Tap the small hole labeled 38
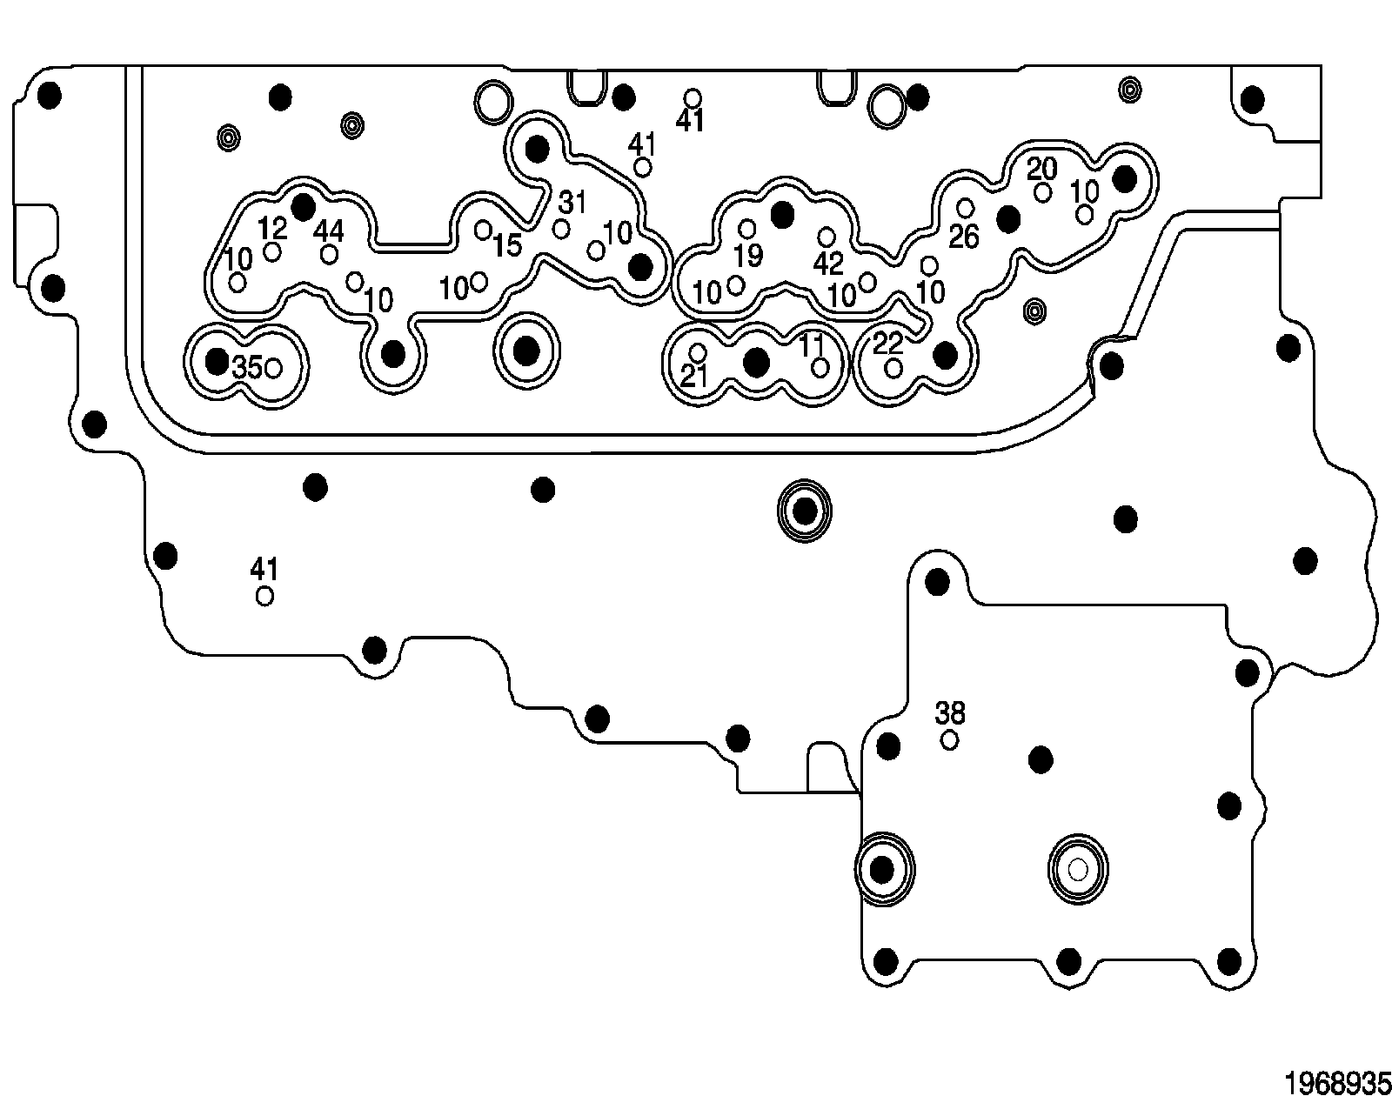pyautogui.click(x=950, y=740)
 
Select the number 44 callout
pyautogui.click(x=328, y=231)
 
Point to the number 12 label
pyautogui.click(x=272, y=229)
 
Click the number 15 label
pyautogui.click(x=506, y=245)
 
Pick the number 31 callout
pyautogui.click(x=572, y=203)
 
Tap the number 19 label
pyautogui.click(x=748, y=256)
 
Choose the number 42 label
pyautogui.click(x=828, y=264)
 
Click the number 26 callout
pyautogui.click(x=964, y=236)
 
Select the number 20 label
pyautogui.click(x=1041, y=168)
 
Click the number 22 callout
pyautogui.click(x=887, y=343)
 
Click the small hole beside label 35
pyautogui.click(x=272, y=368)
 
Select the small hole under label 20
pyautogui.click(x=1042, y=192)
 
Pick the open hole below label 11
pyautogui.click(x=820, y=367)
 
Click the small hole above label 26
pyautogui.click(x=965, y=208)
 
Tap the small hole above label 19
pyautogui.click(x=746, y=229)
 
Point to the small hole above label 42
pyautogui.click(x=826, y=237)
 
